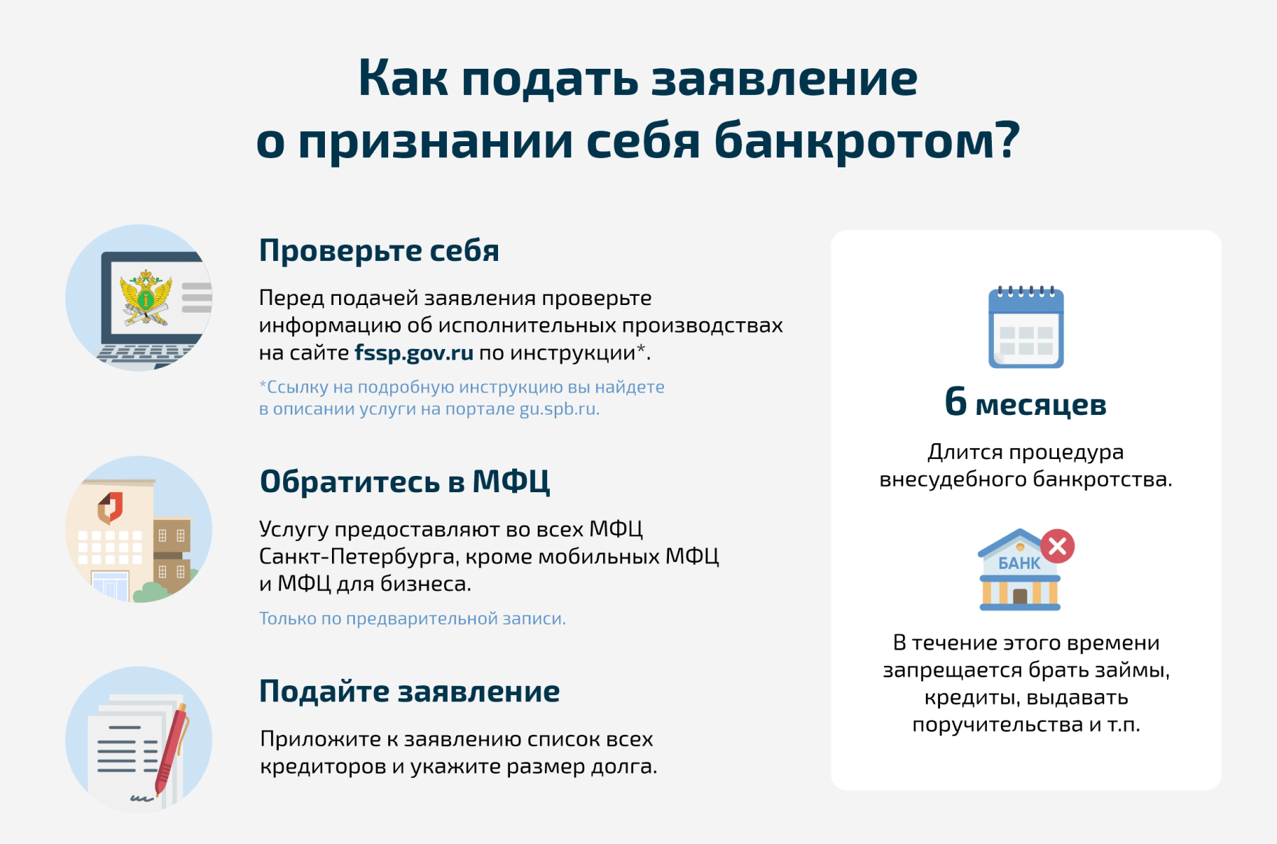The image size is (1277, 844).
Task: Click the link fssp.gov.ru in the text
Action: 414,352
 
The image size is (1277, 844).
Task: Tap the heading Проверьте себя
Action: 379,250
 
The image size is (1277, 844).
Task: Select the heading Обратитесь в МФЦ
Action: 404,482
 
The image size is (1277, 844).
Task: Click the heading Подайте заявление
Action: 409,691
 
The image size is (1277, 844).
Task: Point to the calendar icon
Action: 1026,327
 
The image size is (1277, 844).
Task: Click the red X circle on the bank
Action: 1057,546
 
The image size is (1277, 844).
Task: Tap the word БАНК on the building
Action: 1019,563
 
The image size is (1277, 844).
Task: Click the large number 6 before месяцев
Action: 956,401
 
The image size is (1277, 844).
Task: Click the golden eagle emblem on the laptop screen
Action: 146,298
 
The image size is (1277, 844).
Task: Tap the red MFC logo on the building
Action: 110,507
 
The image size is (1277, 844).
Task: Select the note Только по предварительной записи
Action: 412,618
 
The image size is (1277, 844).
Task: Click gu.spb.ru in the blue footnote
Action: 559,409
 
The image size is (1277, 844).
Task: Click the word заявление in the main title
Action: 785,78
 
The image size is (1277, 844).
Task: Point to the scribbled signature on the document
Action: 142,799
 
